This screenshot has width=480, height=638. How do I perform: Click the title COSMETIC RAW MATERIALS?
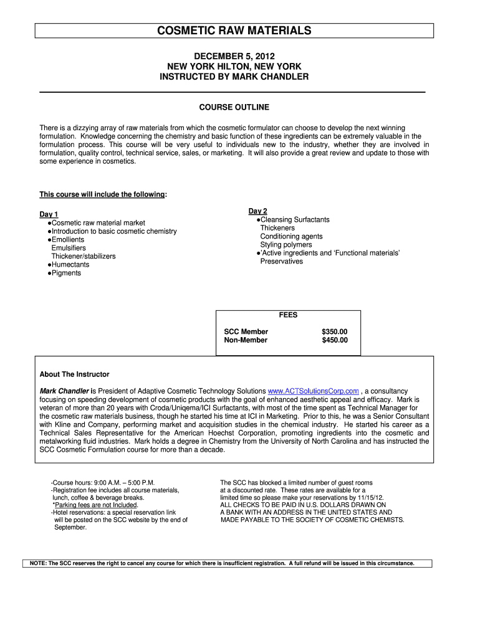[234, 31]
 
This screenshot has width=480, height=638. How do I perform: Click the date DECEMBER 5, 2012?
[234, 55]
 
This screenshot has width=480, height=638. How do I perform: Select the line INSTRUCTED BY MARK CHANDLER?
[234, 77]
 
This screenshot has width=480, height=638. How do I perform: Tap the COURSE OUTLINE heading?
[234, 107]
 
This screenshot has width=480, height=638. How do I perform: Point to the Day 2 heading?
[257, 211]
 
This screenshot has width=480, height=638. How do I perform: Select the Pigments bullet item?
[66, 273]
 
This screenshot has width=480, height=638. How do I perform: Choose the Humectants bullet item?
[70, 264]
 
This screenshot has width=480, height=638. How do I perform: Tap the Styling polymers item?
[286, 245]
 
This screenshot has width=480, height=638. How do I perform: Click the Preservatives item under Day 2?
[282, 261]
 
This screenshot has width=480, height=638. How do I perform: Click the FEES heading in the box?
[288, 315]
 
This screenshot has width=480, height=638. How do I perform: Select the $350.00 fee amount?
[335, 331]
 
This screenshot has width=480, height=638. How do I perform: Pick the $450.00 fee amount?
[335, 340]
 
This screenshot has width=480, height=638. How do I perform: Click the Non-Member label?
[246, 340]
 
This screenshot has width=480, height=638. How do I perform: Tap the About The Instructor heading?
[74, 374]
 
